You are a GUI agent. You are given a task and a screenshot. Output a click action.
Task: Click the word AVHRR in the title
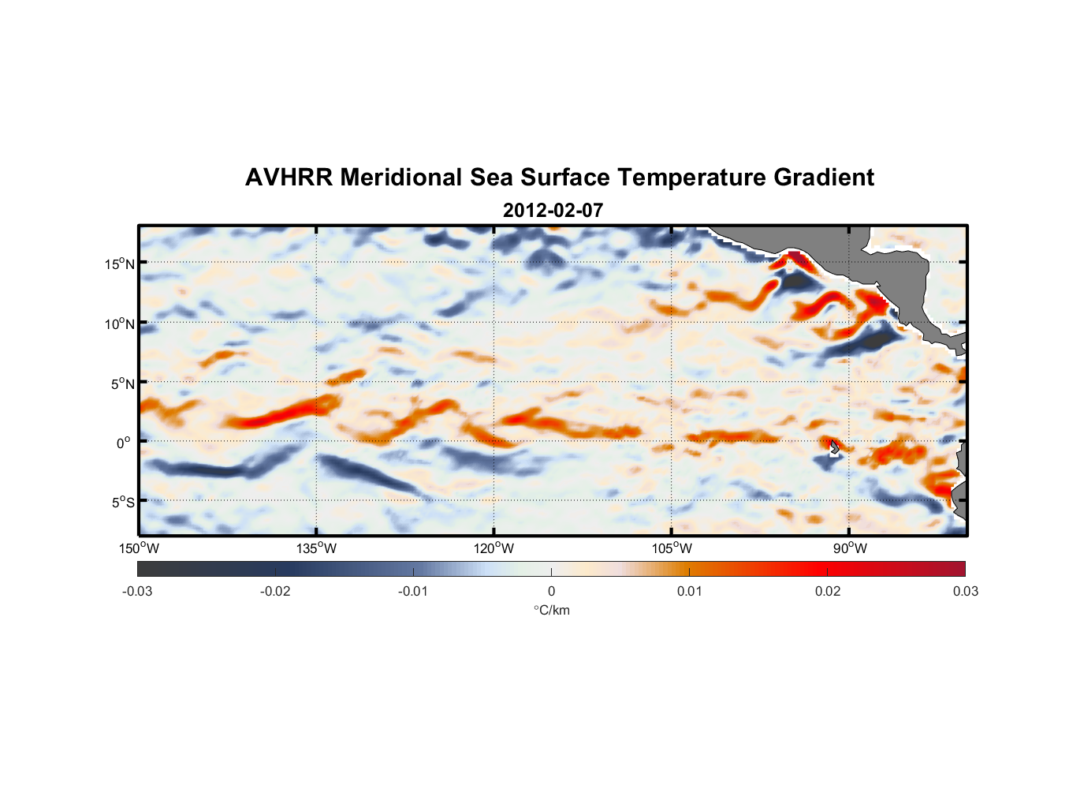click(288, 178)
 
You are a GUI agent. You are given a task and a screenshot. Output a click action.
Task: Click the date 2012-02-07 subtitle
click(553, 211)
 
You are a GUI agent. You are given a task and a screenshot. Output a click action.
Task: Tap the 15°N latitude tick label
click(120, 264)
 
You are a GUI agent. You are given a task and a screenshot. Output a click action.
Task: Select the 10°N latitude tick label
click(120, 323)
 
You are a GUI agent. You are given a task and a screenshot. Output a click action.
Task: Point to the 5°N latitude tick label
click(122, 383)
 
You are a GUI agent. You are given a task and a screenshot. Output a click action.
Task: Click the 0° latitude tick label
click(124, 443)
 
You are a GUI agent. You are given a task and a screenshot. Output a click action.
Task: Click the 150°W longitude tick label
click(140, 548)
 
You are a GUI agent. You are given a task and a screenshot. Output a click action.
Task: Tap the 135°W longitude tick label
click(317, 548)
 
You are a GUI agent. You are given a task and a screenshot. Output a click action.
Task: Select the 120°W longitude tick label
click(494, 548)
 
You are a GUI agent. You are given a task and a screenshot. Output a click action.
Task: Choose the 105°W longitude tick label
click(672, 548)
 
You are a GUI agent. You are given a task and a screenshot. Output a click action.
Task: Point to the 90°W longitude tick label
click(850, 548)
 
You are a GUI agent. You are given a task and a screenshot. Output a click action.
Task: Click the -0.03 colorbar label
click(137, 592)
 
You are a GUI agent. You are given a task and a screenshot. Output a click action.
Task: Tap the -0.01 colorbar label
click(413, 592)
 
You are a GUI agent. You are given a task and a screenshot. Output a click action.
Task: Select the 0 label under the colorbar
click(551, 592)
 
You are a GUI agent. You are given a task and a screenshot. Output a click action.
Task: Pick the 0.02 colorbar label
click(828, 592)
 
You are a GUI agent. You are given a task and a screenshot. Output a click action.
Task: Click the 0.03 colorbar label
click(965, 592)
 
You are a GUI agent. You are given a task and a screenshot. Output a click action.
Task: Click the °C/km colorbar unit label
click(552, 610)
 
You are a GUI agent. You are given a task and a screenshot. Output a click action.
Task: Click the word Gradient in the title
click(824, 178)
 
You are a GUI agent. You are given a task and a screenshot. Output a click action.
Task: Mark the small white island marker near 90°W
click(834, 450)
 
